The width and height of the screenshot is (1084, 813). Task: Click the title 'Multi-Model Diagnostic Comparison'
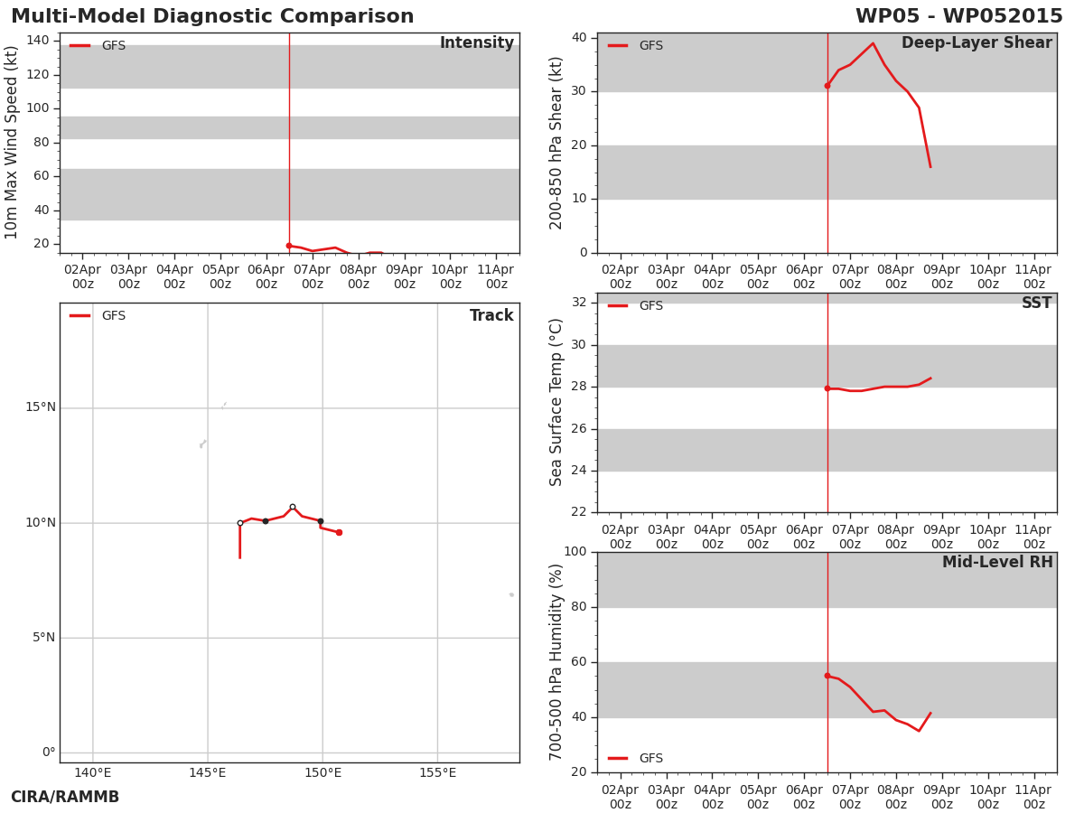pyautogui.click(x=212, y=15)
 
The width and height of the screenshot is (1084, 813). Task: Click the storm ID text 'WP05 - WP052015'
pyautogui.click(x=959, y=15)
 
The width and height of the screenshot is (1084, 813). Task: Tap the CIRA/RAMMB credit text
pyautogui.click(x=65, y=797)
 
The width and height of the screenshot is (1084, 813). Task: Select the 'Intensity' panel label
pyautogui.click(x=477, y=43)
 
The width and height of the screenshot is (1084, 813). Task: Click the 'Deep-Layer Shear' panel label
pyautogui.click(x=977, y=43)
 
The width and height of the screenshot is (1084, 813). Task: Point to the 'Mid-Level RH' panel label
pyautogui.click(x=997, y=562)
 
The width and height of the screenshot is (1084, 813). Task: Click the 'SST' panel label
pyautogui.click(x=1036, y=303)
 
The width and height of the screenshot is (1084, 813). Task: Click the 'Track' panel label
pyautogui.click(x=491, y=315)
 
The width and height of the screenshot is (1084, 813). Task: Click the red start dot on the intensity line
pyautogui.click(x=289, y=246)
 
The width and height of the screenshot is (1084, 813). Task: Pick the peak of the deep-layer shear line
pyautogui.click(x=874, y=43)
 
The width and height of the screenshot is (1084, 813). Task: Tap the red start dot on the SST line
pyautogui.click(x=827, y=388)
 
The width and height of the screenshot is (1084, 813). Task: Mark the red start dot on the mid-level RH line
pyautogui.click(x=827, y=676)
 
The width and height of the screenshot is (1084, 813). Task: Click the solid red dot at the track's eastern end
pyautogui.click(x=340, y=533)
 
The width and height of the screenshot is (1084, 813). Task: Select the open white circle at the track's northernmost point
pyautogui.click(x=293, y=507)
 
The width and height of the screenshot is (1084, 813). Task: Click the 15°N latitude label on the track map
pyautogui.click(x=41, y=407)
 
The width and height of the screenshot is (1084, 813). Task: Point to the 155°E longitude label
pyautogui.click(x=437, y=772)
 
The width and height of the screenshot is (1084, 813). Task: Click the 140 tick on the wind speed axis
pyautogui.click(x=38, y=41)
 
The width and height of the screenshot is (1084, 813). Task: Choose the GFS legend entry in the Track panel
pyautogui.click(x=98, y=316)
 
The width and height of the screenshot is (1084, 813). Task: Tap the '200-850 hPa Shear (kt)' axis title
pyautogui.click(x=556, y=143)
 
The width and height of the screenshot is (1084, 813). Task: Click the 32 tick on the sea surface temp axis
pyautogui.click(x=579, y=302)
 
